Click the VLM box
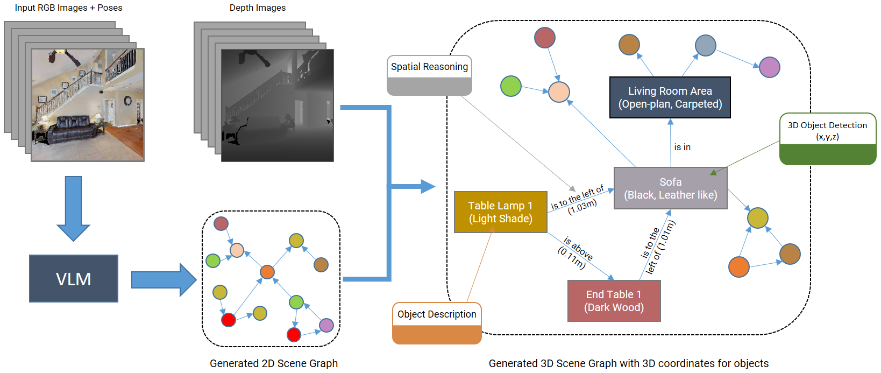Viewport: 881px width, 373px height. point(74,278)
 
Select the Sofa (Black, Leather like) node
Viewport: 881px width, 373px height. point(670,188)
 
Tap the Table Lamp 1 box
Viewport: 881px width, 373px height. point(500,212)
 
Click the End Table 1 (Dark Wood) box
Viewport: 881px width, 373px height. point(614,301)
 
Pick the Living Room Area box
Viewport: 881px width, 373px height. point(670,97)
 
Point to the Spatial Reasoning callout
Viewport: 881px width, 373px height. point(429,75)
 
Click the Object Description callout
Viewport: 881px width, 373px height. point(437,323)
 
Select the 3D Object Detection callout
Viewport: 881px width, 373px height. point(827,138)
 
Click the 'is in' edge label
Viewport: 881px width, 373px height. point(683,147)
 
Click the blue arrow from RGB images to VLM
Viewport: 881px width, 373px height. point(73,207)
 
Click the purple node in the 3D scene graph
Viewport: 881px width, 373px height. point(770,67)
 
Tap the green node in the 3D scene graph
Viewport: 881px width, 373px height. point(510,86)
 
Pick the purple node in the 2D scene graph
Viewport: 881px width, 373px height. point(326,325)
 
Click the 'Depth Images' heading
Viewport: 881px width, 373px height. point(258,8)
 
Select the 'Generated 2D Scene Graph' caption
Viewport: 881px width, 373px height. point(274,363)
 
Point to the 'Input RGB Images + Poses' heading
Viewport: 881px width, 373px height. point(68,8)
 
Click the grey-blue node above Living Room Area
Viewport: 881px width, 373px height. point(705,46)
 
